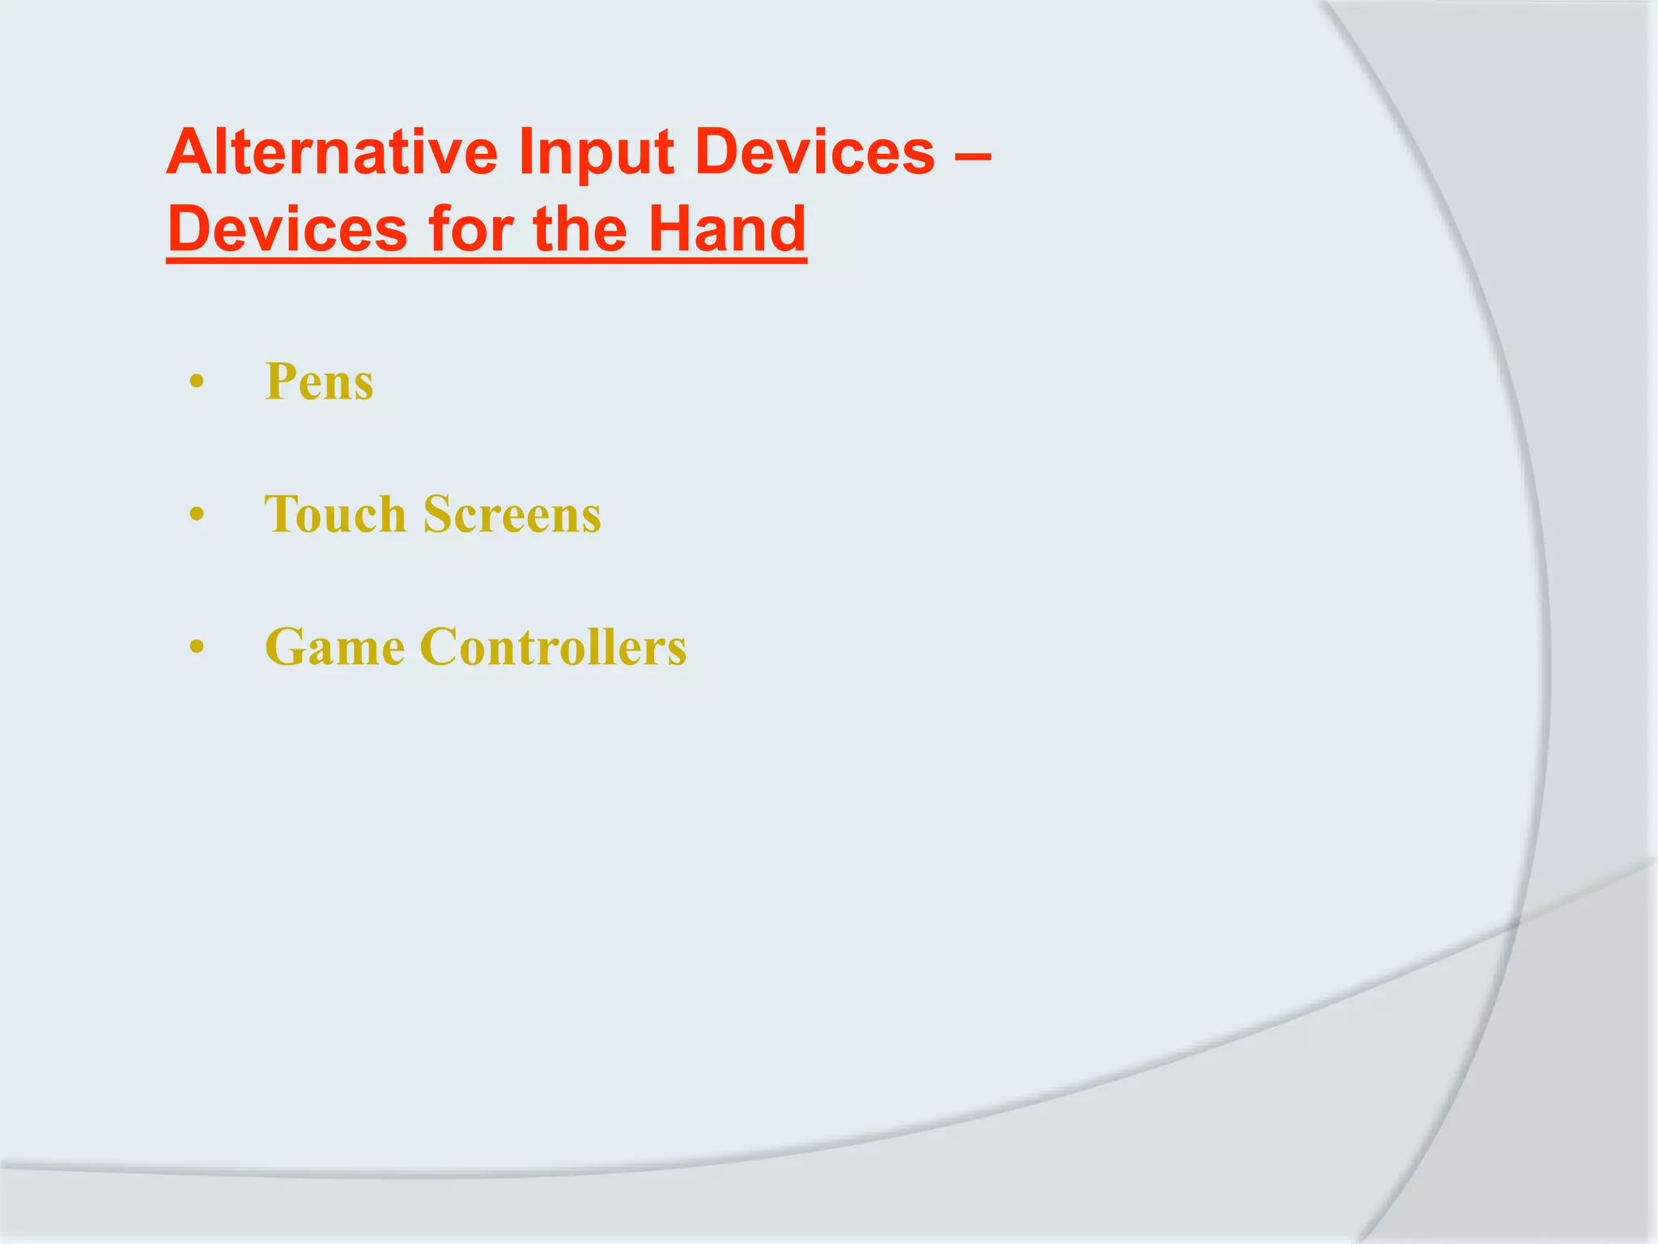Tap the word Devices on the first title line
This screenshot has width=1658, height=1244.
(x=814, y=151)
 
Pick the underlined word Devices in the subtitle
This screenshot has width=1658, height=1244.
(x=288, y=229)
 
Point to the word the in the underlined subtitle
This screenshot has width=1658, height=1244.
(x=580, y=229)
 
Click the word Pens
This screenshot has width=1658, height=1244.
(x=319, y=381)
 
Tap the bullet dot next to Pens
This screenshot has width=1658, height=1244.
(x=196, y=381)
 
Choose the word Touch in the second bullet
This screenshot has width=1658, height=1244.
(x=335, y=514)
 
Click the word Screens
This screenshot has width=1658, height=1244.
(x=512, y=514)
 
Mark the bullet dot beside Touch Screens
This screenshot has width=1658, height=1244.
(x=196, y=514)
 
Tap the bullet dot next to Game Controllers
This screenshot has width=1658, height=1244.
(x=196, y=647)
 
